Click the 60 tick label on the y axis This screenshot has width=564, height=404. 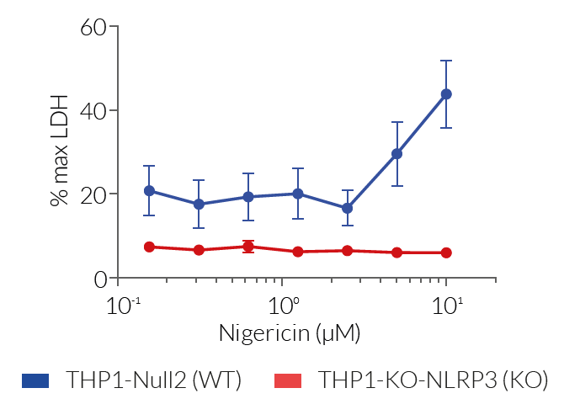coord(94,27)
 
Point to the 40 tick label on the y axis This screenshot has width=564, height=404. coord(94,110)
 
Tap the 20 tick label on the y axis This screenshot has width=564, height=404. coord(94,194)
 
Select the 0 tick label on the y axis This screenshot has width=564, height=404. coord(101,278)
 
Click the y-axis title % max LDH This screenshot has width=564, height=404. coord(59,152)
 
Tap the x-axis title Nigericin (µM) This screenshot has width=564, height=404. coord(290,332)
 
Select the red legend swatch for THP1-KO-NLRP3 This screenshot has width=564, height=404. coord(290,380)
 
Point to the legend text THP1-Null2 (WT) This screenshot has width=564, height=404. coord(154,380)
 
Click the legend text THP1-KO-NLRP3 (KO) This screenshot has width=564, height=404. coord(433,380)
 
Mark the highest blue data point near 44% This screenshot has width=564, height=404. coord(446,94)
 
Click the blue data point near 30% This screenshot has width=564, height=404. coord(396,154)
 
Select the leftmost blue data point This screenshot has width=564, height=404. coord(149,191)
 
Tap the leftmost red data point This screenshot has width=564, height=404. coord(149,247)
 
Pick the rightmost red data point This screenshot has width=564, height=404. coord(446,252)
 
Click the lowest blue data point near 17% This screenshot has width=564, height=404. coord(347,208)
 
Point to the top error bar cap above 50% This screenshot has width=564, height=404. coord(446,61)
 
